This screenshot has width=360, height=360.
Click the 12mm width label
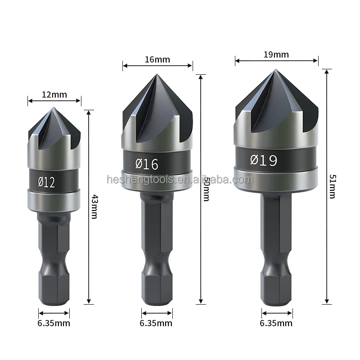pyautogui.click(x=54, y=94)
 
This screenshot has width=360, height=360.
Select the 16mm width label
pyautogui.click(x=157, y=59)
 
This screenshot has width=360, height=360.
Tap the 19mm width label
pyautogui.click(x=276, y=55)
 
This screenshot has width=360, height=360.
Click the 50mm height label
pyautogui.click(x=206, y=188)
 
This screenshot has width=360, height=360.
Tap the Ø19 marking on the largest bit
pyautogui.click(x=264, y=160)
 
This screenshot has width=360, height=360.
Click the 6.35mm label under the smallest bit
pyautogui.click(x=54, y=323)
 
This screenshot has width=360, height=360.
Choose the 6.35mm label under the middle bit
pyautogui.click(x=156, y=323)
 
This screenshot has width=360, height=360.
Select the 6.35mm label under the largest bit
pyautogui.click(x=277, y=323)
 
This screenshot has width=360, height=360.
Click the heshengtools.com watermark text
pyautogui.click(x=180, y=180)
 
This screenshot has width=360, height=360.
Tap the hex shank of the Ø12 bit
pyautogui.click(x=54, y=252)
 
